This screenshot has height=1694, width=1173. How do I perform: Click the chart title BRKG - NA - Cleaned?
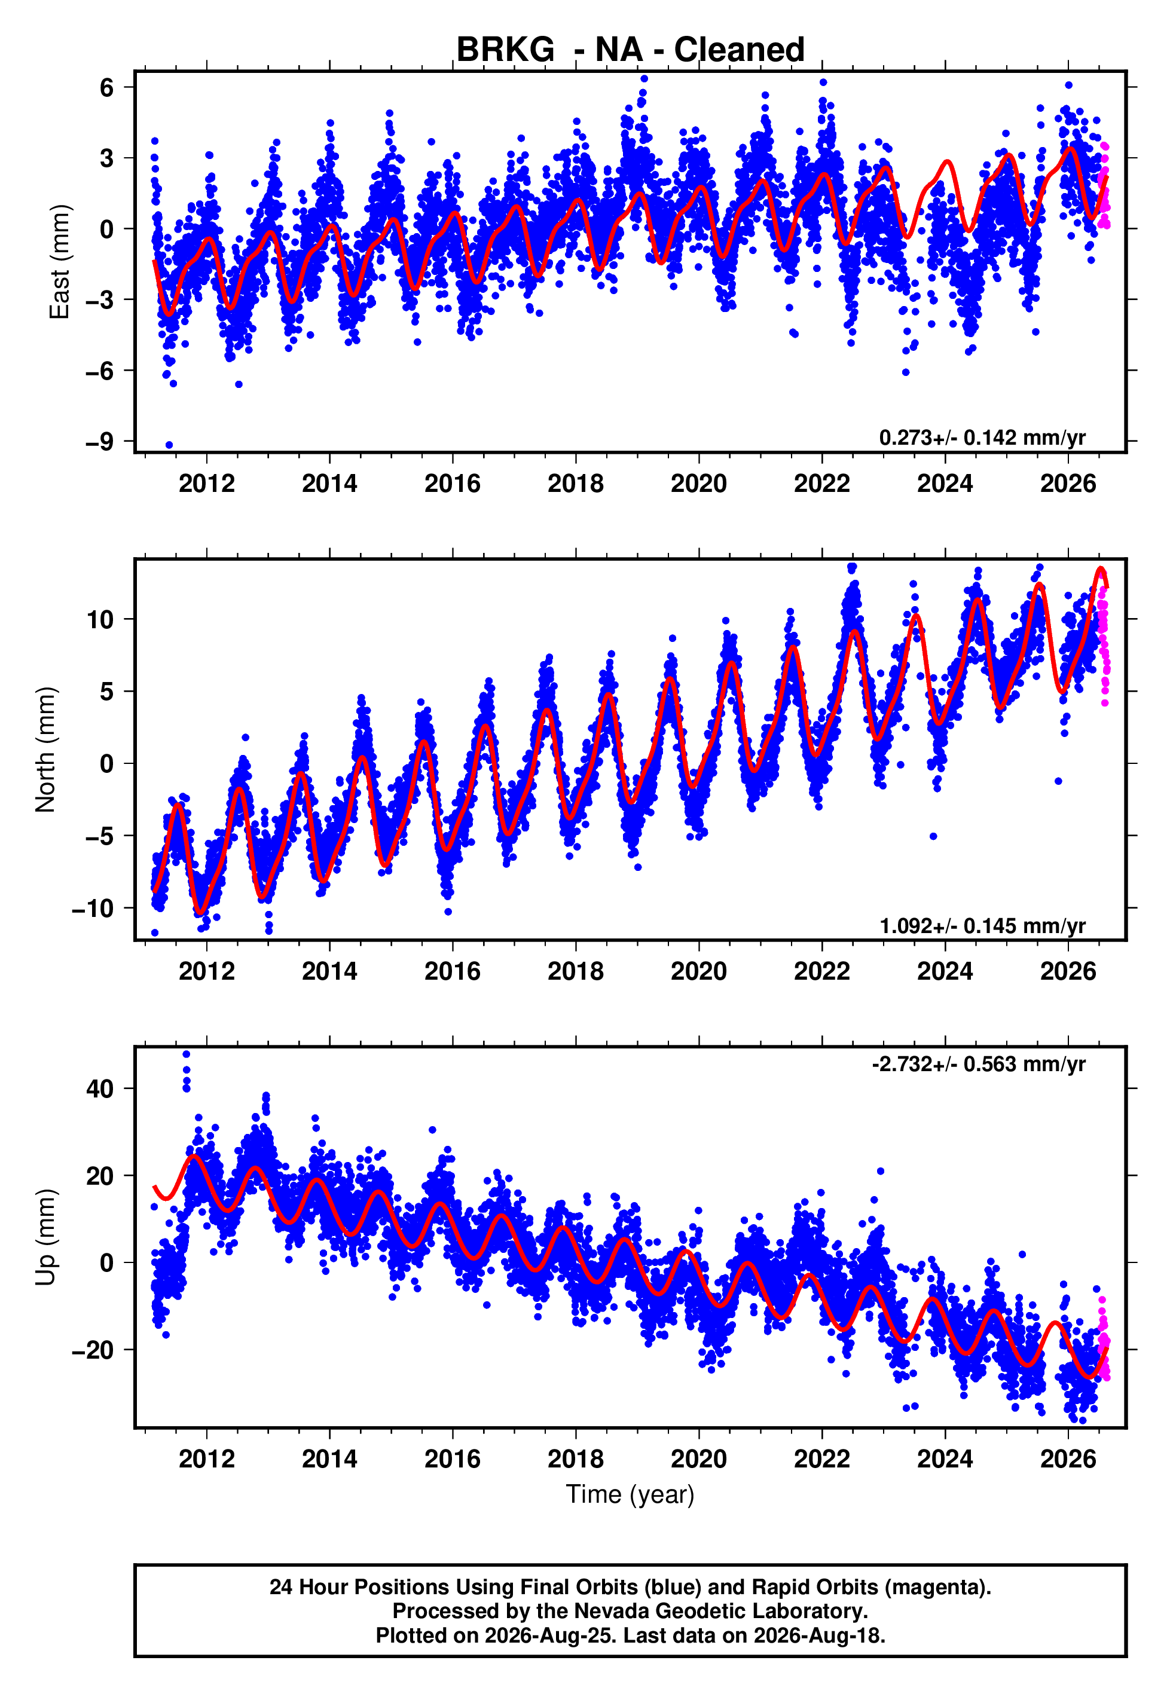[630, 50]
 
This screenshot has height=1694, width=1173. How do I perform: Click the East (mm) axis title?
[60, 262]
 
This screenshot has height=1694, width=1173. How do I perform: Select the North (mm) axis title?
[45, 750]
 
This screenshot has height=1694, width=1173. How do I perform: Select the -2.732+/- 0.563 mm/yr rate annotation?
[978, 1064]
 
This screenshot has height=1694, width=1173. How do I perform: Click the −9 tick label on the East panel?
[99, 442]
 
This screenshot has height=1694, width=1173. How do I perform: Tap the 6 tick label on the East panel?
[107, 87]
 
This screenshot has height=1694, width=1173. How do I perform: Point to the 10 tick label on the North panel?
[100, 619]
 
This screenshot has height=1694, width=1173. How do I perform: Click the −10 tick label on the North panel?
[93, 909]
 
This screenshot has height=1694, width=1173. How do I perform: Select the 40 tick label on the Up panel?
[100, 1088]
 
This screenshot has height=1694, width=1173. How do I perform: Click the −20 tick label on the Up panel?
[93, 1350]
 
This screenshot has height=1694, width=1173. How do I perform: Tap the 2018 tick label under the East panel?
[576, 484]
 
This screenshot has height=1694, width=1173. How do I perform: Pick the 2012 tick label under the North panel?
[206, 971]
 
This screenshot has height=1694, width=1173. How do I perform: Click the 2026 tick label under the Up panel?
[1068, 1459]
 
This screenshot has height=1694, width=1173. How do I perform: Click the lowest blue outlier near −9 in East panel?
[169, 445]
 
